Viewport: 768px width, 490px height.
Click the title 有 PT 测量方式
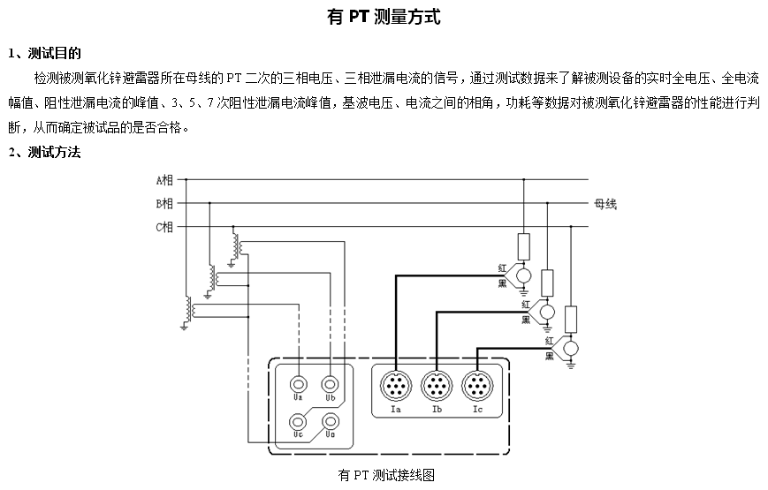point(384,18)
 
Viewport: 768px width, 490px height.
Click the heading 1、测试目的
point(44,53)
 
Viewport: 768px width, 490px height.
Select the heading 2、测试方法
point(44,152)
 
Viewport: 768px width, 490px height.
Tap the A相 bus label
point(164,180)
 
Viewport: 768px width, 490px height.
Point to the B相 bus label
point(164,204)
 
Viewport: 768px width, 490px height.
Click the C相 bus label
point(164,227)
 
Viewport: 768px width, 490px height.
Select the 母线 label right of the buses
point(605,204)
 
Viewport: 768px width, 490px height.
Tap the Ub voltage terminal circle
point(330,384)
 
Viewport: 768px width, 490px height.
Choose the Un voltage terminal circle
point(330,421)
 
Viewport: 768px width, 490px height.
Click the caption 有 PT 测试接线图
point(386,475)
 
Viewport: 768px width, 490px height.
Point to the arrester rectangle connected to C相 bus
point(571,317)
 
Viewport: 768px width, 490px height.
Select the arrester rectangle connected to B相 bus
point(547,283)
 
